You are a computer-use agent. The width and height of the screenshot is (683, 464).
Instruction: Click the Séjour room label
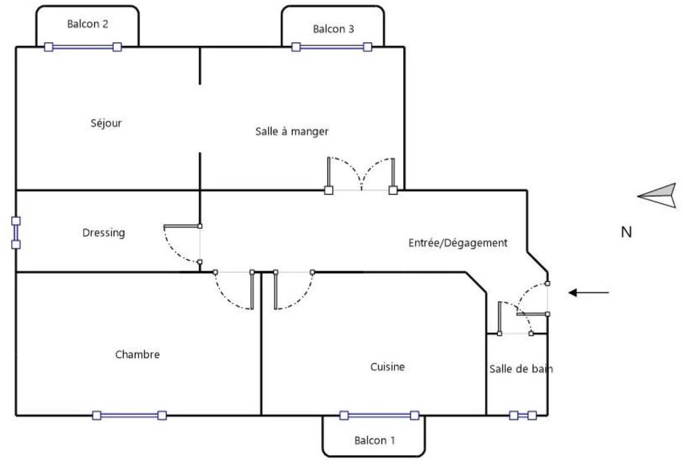pyautogui.click(x=106, y=123)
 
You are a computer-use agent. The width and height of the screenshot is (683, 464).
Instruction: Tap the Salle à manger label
pyautogui.click(x=291, y=131)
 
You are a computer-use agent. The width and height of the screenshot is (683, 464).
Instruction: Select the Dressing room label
pyautogui.click(x=103, y=232)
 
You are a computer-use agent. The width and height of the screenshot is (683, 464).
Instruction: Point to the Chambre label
pyautogui.click(x=137, y=354)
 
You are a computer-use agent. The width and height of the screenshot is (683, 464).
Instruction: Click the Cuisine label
pyautogui.click(x=387, y=367)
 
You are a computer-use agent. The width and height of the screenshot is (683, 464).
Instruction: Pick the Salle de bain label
pyautogui.click(x=520, y=369)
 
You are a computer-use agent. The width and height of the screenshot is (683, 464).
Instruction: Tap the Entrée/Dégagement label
pyautogui.click(x=457, y=243)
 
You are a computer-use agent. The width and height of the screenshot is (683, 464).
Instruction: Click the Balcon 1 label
pyautogui.click(x=374, y=440)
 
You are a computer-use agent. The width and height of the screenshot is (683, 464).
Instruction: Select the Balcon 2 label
pyautogui.click(x=88, y=24)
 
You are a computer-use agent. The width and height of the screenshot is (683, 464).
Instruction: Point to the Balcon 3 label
pyautogui.click(x=333, y=29)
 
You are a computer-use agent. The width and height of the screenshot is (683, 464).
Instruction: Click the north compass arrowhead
pyautogui.click(x=658, y=195)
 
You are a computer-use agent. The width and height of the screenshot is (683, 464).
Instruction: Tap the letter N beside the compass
pyautogui.click(x=626, y=232)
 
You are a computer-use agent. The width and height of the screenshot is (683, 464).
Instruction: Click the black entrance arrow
pyautogui.click(x=588, y=292)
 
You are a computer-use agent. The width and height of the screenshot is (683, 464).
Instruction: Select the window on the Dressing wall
pyautogui.click(x=16, y=232)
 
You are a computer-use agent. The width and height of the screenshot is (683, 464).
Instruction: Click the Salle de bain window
pyautogui.click(x=523, y=415)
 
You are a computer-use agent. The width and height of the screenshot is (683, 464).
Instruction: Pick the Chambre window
pyautogui.click(x=129, y=415)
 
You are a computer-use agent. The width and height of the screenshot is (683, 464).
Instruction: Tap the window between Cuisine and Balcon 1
pyautogui.click(x=379, y=415)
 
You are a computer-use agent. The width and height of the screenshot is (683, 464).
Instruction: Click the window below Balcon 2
pyautogui.click(x=83, y=47)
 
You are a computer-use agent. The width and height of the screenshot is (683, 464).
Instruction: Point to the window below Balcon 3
pyautogui.click(x=331, y=47)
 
